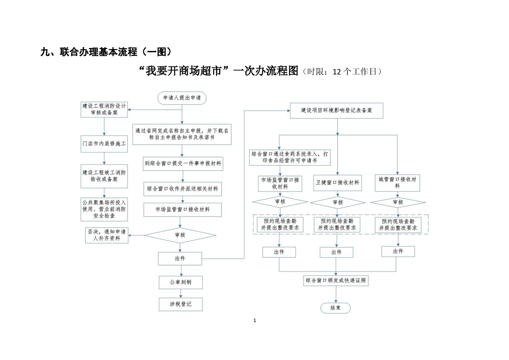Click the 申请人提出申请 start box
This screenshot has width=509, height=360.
click(x=182, y=98)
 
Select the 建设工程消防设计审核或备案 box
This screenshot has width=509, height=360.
click(x=104, y=109)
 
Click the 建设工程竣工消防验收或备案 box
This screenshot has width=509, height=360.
click(x=104, y=176)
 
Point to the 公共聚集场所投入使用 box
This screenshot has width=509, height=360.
click(x=104, y=209)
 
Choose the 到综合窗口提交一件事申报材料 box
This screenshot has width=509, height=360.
click(x=182, y=163)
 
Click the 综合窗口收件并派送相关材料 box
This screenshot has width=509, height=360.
click(x=182, y=188)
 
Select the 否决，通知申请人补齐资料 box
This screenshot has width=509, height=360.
click(x=107, y=235)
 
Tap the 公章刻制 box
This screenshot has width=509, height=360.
click(x=181, y=282)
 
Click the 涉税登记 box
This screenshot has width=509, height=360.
click(x=181, y=304)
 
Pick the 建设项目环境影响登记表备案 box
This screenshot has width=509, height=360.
click(x=337, y=110)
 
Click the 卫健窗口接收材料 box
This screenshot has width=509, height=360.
click(x=337, y=182)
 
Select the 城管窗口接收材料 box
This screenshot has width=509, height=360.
click(x=397, y=182)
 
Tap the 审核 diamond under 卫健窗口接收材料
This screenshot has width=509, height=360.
click(x=338, y=202)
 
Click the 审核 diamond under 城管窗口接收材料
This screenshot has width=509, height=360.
click(x=397, y=202)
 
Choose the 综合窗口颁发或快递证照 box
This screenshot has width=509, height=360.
click(x=336, y=281)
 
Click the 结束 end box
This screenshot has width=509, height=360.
click(x=336, y=308)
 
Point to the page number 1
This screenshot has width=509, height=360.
click(x=254, y=321)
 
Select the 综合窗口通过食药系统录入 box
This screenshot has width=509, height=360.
click(x=290, y=158)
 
